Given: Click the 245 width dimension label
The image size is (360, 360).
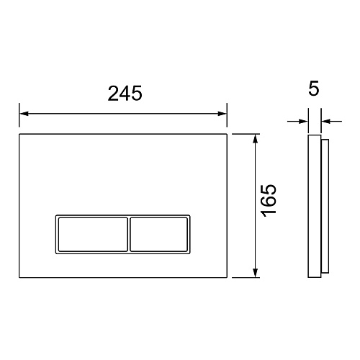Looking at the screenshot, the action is click(x=125, y=94).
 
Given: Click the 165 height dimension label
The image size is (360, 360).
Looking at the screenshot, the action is click(x=269, y=201).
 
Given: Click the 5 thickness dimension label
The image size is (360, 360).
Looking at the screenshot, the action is click(x=314, y=89).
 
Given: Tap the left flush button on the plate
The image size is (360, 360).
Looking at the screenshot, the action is click(x=93, y=235).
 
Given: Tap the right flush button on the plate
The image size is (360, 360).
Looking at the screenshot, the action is click(x=158, y=235).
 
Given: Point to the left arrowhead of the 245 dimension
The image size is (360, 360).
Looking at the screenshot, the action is click(x=24, y=114).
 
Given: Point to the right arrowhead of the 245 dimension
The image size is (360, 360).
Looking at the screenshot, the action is click(x=222, y=114).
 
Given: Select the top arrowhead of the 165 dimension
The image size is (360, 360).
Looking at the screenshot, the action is click(x=256, y=139).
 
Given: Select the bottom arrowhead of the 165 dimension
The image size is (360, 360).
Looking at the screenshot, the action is click(x=256, y=273).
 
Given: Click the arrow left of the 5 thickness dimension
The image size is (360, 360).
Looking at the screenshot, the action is click(x=297, y=122).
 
